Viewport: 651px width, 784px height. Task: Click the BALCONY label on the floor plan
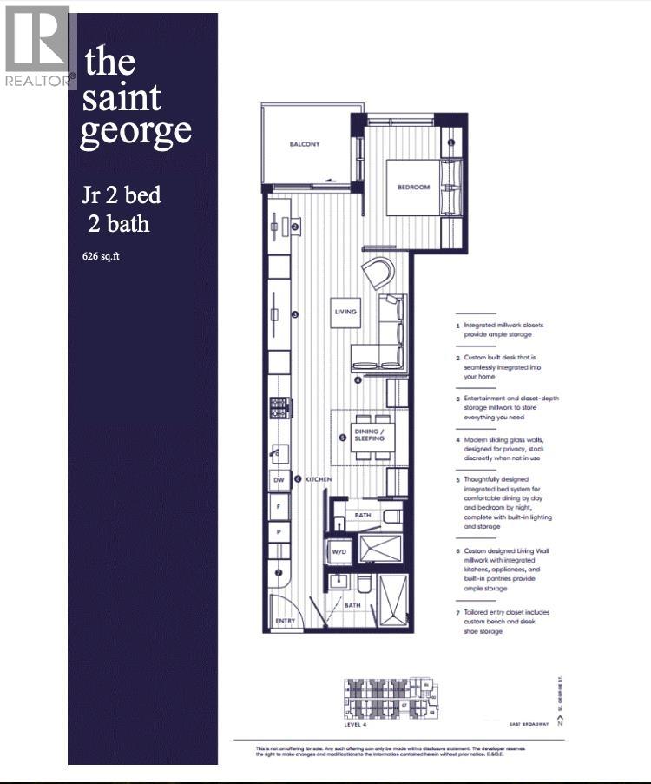305,144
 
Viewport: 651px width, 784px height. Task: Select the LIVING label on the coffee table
345,312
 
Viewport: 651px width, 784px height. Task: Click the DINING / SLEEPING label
369,435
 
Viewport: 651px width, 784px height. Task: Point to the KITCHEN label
318,478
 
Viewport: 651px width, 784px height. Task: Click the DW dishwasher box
278,479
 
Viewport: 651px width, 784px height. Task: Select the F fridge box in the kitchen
278,504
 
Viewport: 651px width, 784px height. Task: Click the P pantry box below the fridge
278,530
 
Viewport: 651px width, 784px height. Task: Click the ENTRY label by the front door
285,621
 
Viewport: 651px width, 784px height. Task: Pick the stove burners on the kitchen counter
280,406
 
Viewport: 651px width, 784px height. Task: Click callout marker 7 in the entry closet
279,573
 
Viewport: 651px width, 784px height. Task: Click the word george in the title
135,130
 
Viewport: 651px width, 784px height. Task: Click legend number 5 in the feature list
457,479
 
